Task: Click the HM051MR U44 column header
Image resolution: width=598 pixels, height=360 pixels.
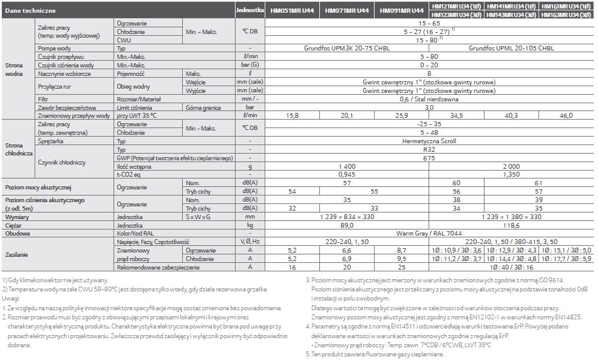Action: coord(294,11)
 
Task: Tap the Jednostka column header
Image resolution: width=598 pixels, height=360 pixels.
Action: coord(250,11)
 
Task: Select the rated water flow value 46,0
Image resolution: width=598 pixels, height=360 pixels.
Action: coord(566,115)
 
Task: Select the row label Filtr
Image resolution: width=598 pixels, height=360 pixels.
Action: coord(42,98)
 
